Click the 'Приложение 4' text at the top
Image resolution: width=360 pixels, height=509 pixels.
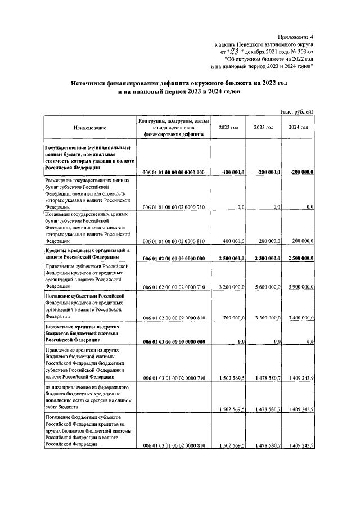tap(294, 35)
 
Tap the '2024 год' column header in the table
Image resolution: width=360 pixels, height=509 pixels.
tap(298, 128)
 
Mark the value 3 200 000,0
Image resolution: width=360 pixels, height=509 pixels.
tap(231, 287)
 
